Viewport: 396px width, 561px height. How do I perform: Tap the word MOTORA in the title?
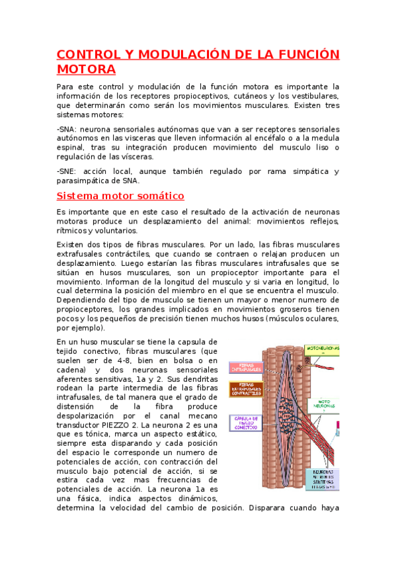click(87, 69)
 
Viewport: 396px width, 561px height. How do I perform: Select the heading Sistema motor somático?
click(120, 196)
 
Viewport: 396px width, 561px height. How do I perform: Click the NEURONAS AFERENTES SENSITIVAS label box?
click(323, 480)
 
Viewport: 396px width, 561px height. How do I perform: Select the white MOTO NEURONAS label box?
click(324, 404)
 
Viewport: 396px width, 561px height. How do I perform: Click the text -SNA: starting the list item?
click(67, 129)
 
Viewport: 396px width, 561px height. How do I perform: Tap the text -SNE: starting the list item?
click(67, 171)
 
